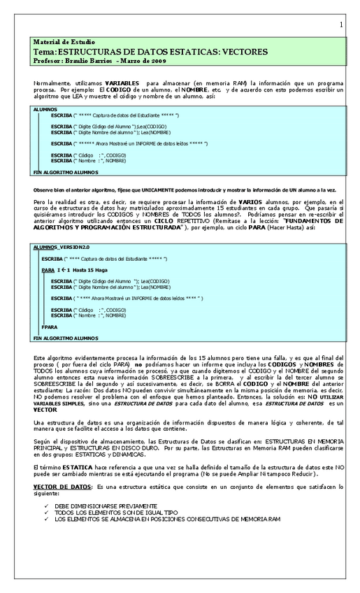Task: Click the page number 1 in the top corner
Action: point(341,25)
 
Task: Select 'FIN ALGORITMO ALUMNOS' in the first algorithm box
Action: point(66,171)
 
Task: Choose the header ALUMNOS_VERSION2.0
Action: point(62,247)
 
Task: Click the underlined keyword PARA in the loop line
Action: point(48,269)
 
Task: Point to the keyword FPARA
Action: point(49,327)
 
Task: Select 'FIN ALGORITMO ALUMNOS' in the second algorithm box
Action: point(66,338)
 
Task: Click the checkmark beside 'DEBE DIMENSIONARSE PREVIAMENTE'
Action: point(46,505)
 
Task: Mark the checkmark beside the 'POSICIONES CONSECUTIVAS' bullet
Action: point(46,520)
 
